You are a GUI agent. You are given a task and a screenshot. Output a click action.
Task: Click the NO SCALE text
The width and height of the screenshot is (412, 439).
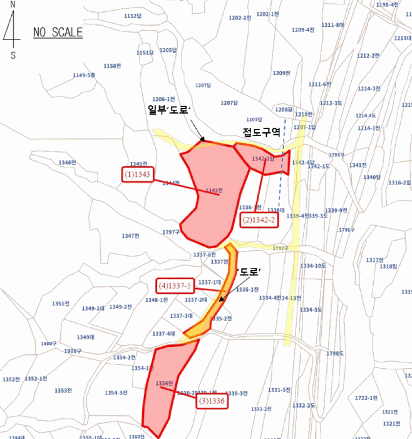point(58,33)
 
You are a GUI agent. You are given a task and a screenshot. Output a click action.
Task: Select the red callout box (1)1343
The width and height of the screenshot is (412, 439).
point(137,175)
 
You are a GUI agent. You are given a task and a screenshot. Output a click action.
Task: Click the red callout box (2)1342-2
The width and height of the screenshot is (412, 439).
point(259,219)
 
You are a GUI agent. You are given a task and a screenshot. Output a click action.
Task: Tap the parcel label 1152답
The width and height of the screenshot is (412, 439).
point(133,16)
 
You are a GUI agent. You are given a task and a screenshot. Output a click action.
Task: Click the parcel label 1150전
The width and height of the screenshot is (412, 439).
point(111,66)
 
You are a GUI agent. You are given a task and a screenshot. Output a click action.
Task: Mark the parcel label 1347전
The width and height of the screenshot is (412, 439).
point(130,236)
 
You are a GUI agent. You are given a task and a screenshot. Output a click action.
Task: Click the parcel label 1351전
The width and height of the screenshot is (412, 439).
point(60,304)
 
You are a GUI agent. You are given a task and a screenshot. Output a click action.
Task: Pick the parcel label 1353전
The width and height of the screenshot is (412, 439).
point(63,390)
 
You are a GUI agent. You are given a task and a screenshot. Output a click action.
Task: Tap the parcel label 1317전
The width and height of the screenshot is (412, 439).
point(374,260)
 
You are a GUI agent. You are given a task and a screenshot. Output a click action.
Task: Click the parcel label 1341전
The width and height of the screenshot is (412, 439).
point(358,166)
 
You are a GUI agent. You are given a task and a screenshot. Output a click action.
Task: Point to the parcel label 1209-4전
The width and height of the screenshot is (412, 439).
point(303,29)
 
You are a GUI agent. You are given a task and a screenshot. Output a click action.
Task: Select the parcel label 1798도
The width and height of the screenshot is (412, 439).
point(335,353)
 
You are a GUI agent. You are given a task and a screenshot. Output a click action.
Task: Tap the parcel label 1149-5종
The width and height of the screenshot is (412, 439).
point(84,75)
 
